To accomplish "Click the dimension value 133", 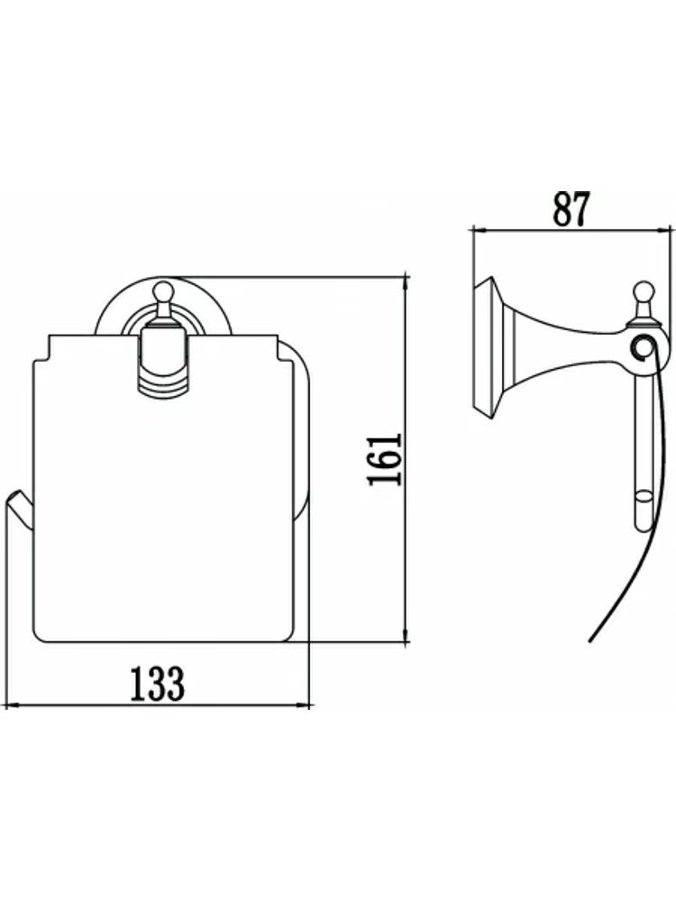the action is tap(157, 684).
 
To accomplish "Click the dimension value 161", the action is tap(384, 460).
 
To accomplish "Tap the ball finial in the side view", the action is tap(643, 290).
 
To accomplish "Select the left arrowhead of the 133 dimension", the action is tap(12, 704).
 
